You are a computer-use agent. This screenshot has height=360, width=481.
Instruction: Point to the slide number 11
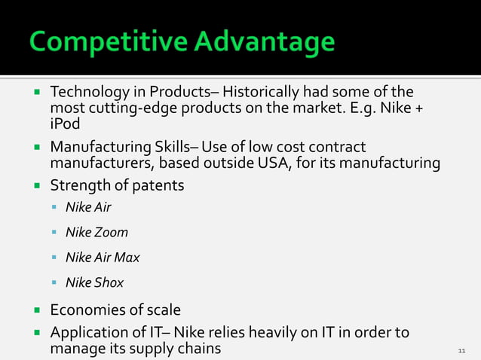pyautogui.click(x=462, y=351)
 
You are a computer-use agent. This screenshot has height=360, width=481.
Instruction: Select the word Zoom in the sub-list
pyautogui.click(x=111, y=232)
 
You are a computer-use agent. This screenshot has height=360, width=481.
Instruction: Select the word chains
pyautogui.click(x=198, y=349)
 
